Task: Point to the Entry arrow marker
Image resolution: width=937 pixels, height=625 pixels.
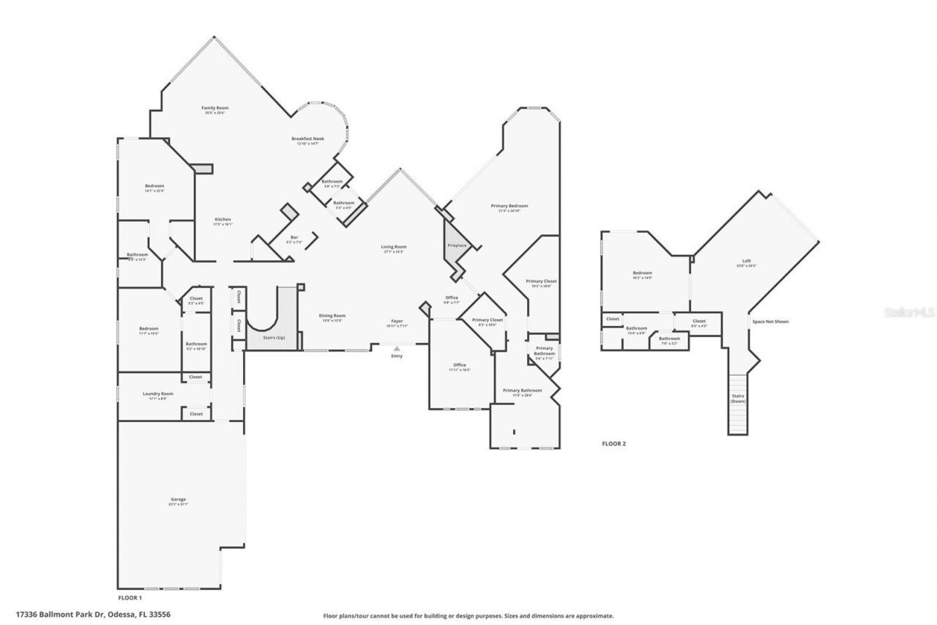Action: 396,349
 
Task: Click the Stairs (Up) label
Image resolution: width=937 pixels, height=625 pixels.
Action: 275,338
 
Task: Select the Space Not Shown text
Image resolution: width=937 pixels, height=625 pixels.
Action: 770,322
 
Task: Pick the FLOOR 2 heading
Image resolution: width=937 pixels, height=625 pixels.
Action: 613,443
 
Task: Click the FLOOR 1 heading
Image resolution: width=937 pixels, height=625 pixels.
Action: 130,598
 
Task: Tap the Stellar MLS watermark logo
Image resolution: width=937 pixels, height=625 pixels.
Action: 909,311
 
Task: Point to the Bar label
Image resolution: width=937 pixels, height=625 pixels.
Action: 294,238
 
